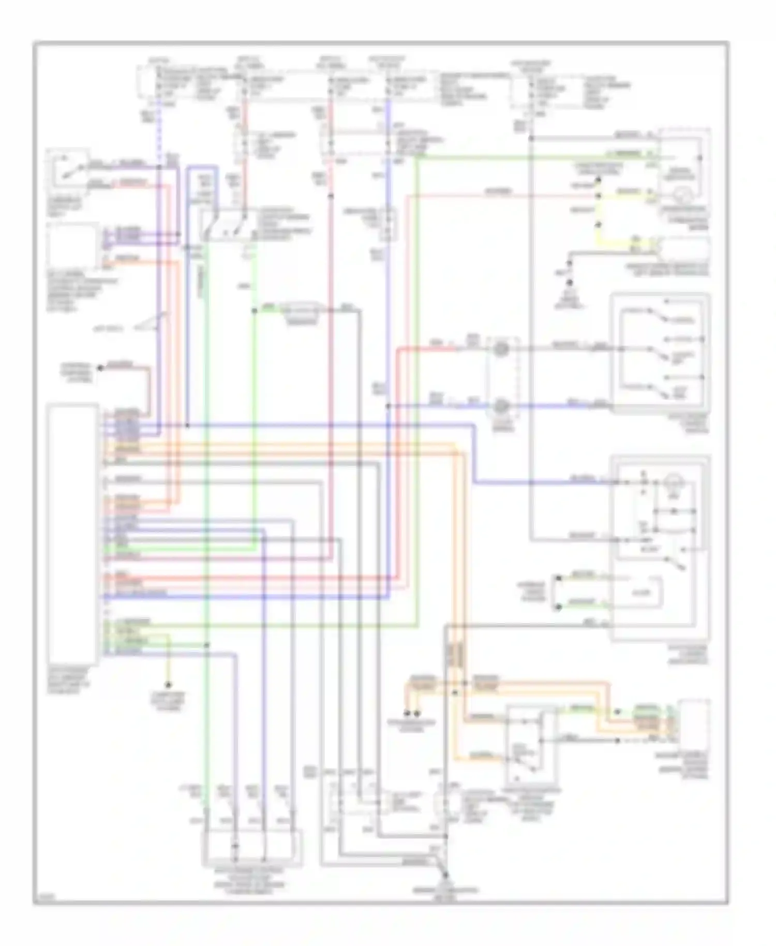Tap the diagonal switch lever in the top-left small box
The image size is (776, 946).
(68, 170)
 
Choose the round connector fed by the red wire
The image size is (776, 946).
(500, 349)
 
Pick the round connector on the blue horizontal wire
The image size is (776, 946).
(500, 406)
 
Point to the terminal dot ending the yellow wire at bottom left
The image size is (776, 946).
(168, 684)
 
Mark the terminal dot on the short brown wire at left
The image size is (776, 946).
(100, 368)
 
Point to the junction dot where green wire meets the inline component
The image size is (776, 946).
(254, 311)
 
